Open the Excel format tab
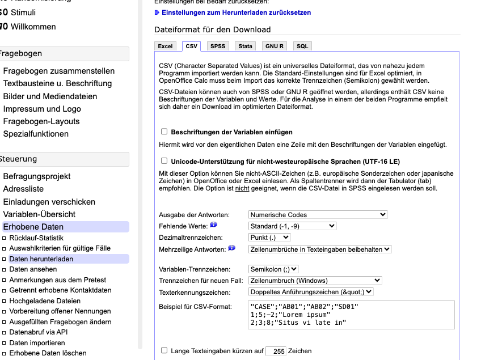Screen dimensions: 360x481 coord(165,46)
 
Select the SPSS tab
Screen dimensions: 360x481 coord(217,46)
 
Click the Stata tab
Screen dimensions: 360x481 coord(245,46)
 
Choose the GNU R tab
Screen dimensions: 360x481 coord(275,46)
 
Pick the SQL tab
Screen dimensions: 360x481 coord(302,46)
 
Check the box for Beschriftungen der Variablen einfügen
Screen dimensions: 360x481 coord(164,132)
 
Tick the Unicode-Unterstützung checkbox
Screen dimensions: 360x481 coord(164,160)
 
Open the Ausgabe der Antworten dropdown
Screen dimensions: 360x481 coord(318,215)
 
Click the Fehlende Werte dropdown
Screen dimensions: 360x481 coord(293,226)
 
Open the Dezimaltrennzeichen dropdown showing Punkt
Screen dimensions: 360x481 coord(269,238)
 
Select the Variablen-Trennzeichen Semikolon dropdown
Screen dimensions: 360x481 coord(273,269)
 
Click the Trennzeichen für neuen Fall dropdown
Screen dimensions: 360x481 coord(315,281)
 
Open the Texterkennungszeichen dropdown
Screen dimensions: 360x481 coord(311,292)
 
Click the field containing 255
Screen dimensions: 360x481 coord(276,351)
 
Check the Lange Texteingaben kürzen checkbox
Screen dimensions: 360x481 coord(164,351)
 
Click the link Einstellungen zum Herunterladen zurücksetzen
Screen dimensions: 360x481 coord(236,12)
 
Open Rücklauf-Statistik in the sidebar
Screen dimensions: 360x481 coord(36,238)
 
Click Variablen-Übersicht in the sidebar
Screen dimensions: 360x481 coord(39,214)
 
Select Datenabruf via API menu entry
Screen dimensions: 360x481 coord(39,333)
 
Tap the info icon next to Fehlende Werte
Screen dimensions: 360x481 coord(214,225)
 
